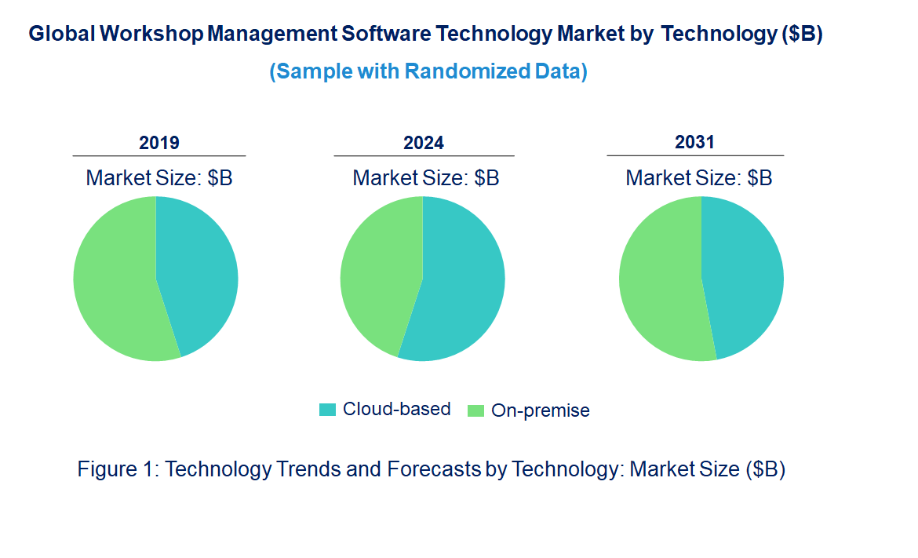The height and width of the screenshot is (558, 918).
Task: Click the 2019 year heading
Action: point(159,143)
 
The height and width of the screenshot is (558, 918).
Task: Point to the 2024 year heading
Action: point(424,143)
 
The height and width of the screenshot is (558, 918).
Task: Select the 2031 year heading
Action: point(695,142)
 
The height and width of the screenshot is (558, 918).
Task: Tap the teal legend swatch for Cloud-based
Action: point(327,409)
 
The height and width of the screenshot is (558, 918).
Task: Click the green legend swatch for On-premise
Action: point(475,410)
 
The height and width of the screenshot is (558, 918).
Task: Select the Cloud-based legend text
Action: point(397,409)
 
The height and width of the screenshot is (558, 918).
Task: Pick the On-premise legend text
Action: point(541,410)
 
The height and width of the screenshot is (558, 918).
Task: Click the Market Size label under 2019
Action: point(159,178)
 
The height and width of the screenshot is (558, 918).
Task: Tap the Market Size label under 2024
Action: point(426,178)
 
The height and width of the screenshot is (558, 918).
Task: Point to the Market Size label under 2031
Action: point(699,178)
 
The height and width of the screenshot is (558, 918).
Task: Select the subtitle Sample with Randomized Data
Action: point(428,71)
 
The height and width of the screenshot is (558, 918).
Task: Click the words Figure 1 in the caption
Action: point(118,469)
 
